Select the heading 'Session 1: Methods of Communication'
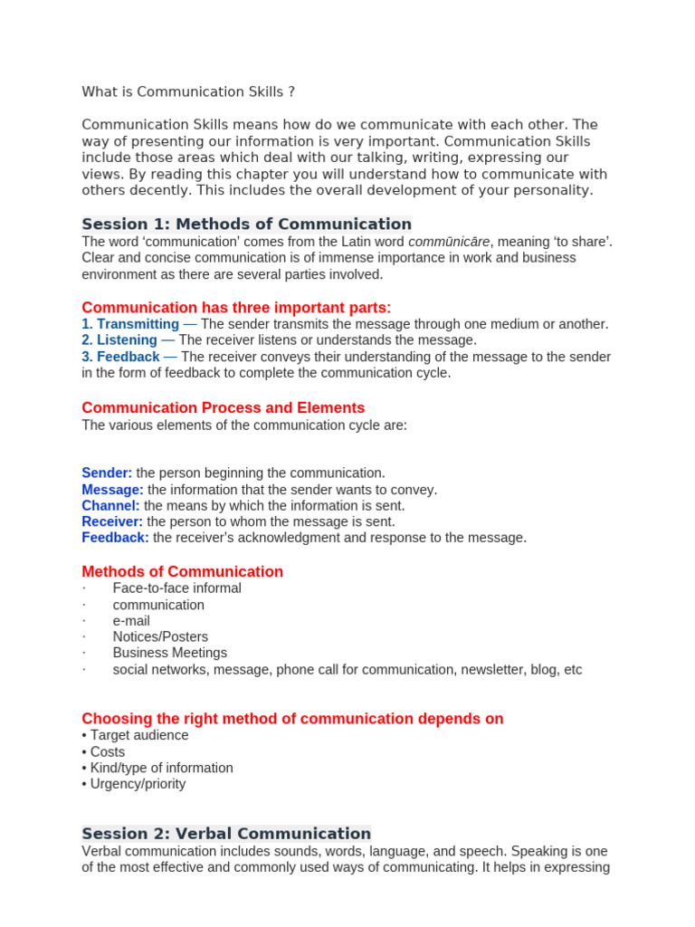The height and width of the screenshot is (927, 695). (246, 224)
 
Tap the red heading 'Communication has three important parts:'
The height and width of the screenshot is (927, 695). (236, 307)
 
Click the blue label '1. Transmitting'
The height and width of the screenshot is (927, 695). (130, 324)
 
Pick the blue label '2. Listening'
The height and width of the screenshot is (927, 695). (119, 340)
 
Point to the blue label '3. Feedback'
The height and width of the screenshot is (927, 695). (120, 357)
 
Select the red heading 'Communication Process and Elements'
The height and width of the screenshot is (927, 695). (224, 407)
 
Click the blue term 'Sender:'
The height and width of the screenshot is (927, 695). (107, 473)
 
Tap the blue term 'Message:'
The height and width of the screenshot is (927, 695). (112, 490)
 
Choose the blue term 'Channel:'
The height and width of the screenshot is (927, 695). (110, 505)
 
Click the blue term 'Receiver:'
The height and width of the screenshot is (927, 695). (112, 521)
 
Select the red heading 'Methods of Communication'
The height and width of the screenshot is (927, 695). (182, 571)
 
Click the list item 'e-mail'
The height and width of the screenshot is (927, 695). (131, 621)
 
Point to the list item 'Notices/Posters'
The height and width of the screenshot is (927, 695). (160, 636)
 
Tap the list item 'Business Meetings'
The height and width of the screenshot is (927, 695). (169, 653)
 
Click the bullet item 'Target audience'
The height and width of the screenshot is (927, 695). (138, 735)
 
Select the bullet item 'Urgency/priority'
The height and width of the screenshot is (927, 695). (138, 784)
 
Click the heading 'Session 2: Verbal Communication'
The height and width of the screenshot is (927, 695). (226, 833)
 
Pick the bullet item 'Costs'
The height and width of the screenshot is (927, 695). (107, 751)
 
